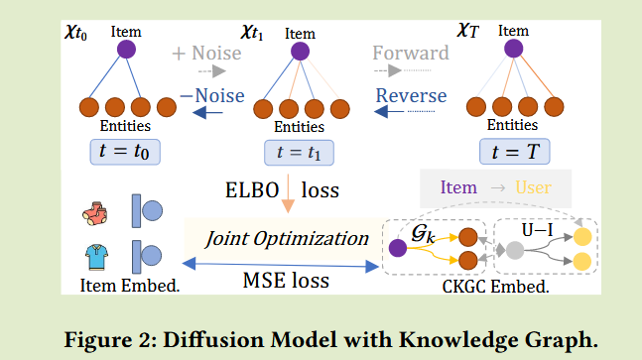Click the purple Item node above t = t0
126,49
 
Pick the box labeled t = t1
298,153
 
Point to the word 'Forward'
411,52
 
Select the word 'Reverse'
410,96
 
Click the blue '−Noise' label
212,96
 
